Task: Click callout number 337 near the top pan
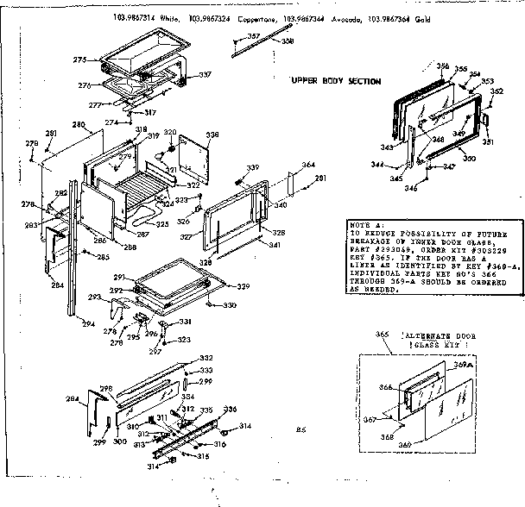pyautogui.click(x=205, y=75)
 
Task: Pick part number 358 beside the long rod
pyautogui.click(x=287, y=41)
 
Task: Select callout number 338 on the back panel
pyautogui.click(x=212, y=135)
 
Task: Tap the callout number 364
pyautogui.click(x=307, y=165)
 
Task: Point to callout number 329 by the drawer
pyautogui.click(x=244, y=287)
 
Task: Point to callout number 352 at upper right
pyautogui.click(x=497, y=91)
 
